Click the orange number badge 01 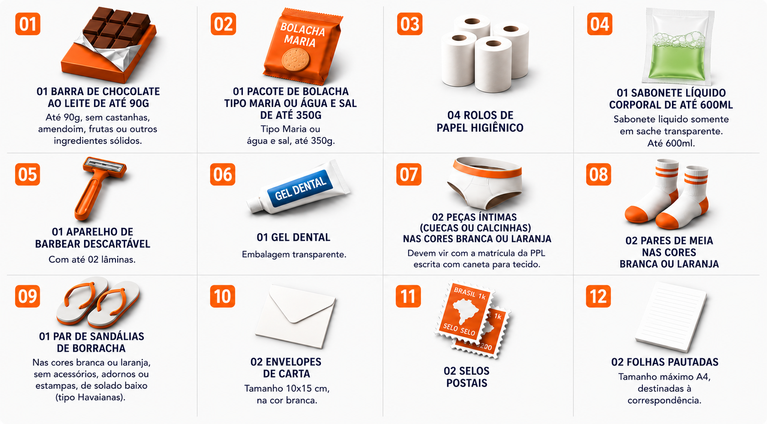click(28, 24)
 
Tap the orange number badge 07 click(409, 174)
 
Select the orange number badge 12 click(598, 296)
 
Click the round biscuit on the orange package click(296, 60)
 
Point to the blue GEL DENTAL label click(300, 188)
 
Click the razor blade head click(105, 166)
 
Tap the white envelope click(296, 316)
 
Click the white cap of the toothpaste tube click(255, 205)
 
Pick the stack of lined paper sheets click(671, 317)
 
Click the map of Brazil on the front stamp click(465, 311)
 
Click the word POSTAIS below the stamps click(467, 383)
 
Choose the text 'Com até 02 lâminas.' click(92, 260)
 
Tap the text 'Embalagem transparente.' click(294, 254)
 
